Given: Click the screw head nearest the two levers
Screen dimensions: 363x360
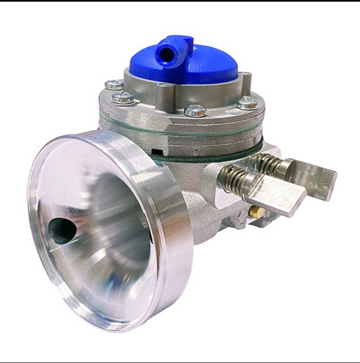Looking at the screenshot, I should click(x=247, y=104).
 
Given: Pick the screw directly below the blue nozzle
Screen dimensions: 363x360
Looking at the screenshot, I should click(x=122, y=97).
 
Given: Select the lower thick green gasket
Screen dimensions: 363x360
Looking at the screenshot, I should click(x=205, y=156).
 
